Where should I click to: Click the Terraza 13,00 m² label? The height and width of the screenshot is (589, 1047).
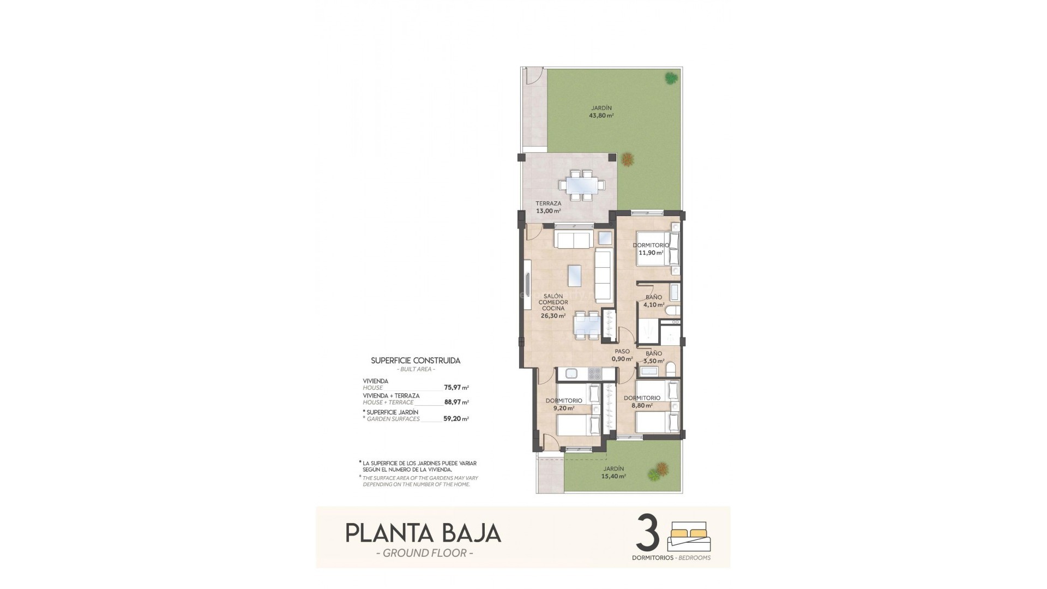tap(548, 207)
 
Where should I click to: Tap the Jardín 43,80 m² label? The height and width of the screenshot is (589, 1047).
tap(601, 112)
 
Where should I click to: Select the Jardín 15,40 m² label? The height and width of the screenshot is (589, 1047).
tap(614, 472)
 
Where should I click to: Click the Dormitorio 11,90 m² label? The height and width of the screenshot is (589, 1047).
tap(651, 249)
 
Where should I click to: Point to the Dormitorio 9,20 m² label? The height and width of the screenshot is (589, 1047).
tap(564, 404)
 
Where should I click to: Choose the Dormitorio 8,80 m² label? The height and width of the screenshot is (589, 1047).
tap(642, 402)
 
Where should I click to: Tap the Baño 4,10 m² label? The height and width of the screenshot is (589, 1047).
tap(654, 301)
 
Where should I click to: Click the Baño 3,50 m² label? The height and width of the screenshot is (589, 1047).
tap(654, 357)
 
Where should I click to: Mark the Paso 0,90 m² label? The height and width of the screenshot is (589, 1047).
tap(622, 355)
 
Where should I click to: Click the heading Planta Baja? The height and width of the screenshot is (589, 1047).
tap(423, 533)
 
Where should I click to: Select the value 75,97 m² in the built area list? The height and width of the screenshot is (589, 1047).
tap(456, 388)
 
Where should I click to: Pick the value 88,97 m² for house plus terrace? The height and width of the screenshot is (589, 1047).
tap(456, 402)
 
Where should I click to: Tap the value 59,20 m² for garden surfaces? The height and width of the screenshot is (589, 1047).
tap(456, 419)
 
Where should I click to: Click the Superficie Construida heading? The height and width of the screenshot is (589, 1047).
tap(416, 360)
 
